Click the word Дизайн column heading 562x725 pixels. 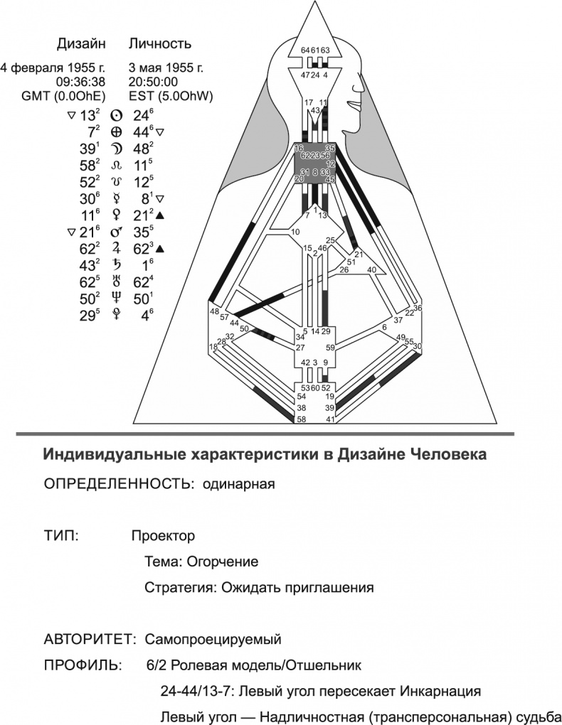point(81,44)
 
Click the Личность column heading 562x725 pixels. point(160,44)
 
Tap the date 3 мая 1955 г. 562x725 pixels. point(166,68)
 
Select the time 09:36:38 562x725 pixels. point(81,82)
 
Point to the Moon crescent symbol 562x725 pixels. point(117,149)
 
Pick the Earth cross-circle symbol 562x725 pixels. point(117,133)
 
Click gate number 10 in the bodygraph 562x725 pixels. point(296,232)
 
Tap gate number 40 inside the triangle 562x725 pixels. point(371,270)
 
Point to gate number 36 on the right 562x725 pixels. point(418,308)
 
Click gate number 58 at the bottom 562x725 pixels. point(302,420)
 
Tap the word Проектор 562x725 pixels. point(163,535)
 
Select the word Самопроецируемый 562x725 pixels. point(213,639)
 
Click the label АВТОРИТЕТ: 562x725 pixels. point(90,639)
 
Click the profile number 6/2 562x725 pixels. point(152,665)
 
